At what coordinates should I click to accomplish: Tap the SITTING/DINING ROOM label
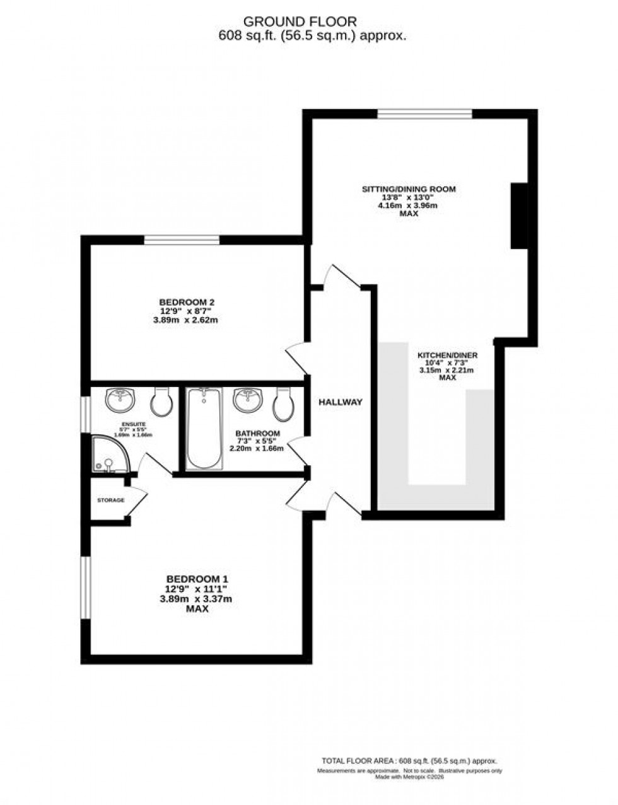(x=409, y=189)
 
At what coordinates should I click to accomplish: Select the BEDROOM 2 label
(x=184, y=301)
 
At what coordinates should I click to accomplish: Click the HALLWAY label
(x=341, y=402)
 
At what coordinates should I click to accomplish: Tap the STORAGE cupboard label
(x=110, y=501)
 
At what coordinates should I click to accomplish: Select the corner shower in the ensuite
(x=110, y=455)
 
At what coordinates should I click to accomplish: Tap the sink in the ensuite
(x=120, y=399)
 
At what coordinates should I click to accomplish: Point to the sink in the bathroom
(x=247, y=399)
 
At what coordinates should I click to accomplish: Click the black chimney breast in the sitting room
(x=518, y=216)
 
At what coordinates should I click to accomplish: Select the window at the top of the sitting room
(x=424, y=114)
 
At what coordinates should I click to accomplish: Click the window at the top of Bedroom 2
(x=182, y=240)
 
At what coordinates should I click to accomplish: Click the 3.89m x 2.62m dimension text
(x=184, y=320)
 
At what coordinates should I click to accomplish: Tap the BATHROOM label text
(x=257, y=434)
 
